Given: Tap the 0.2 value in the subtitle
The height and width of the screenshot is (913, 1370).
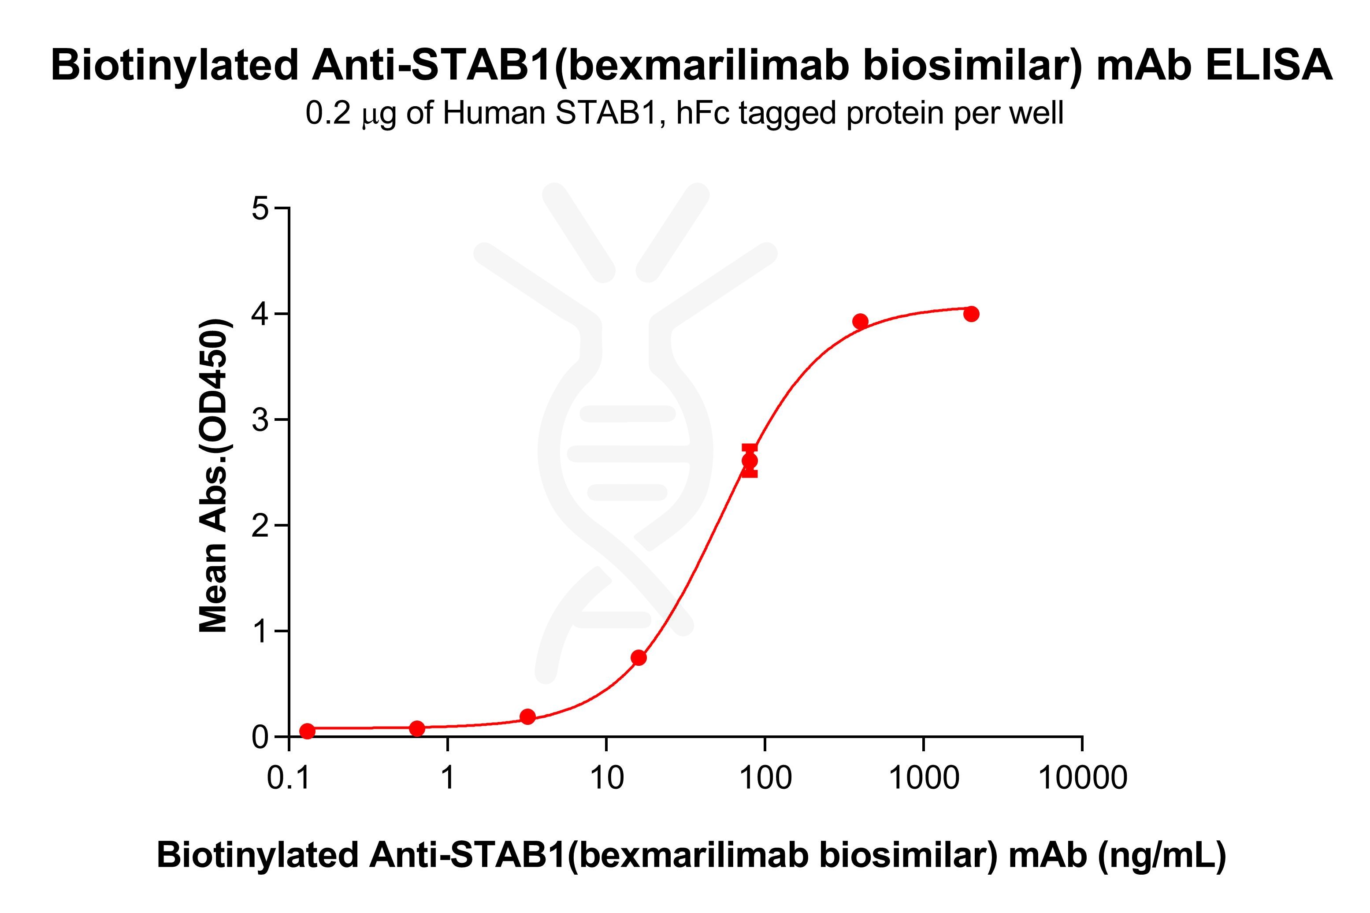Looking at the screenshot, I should click(x=328, y=113).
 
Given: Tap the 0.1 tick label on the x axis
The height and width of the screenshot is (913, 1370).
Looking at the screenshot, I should click(x=288, y=777).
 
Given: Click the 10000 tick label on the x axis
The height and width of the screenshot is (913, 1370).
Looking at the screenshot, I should click(x=1082, y=777).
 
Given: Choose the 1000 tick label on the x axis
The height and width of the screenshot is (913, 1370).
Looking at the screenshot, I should click(x=924, y=777).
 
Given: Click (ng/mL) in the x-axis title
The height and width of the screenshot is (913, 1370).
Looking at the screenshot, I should click(x=1162, y=855).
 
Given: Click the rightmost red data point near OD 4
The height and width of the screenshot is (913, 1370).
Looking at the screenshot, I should click(x=971, y=314).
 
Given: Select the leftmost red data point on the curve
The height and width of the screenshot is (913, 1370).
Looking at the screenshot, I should click(x=307, y=731).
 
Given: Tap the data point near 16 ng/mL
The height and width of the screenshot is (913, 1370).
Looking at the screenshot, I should click(x=639, y=657).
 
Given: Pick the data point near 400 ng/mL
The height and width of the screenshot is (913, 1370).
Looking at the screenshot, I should click(x=860, y=321).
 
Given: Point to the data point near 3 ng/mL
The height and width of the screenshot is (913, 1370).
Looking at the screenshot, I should click(x=527, y=716).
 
